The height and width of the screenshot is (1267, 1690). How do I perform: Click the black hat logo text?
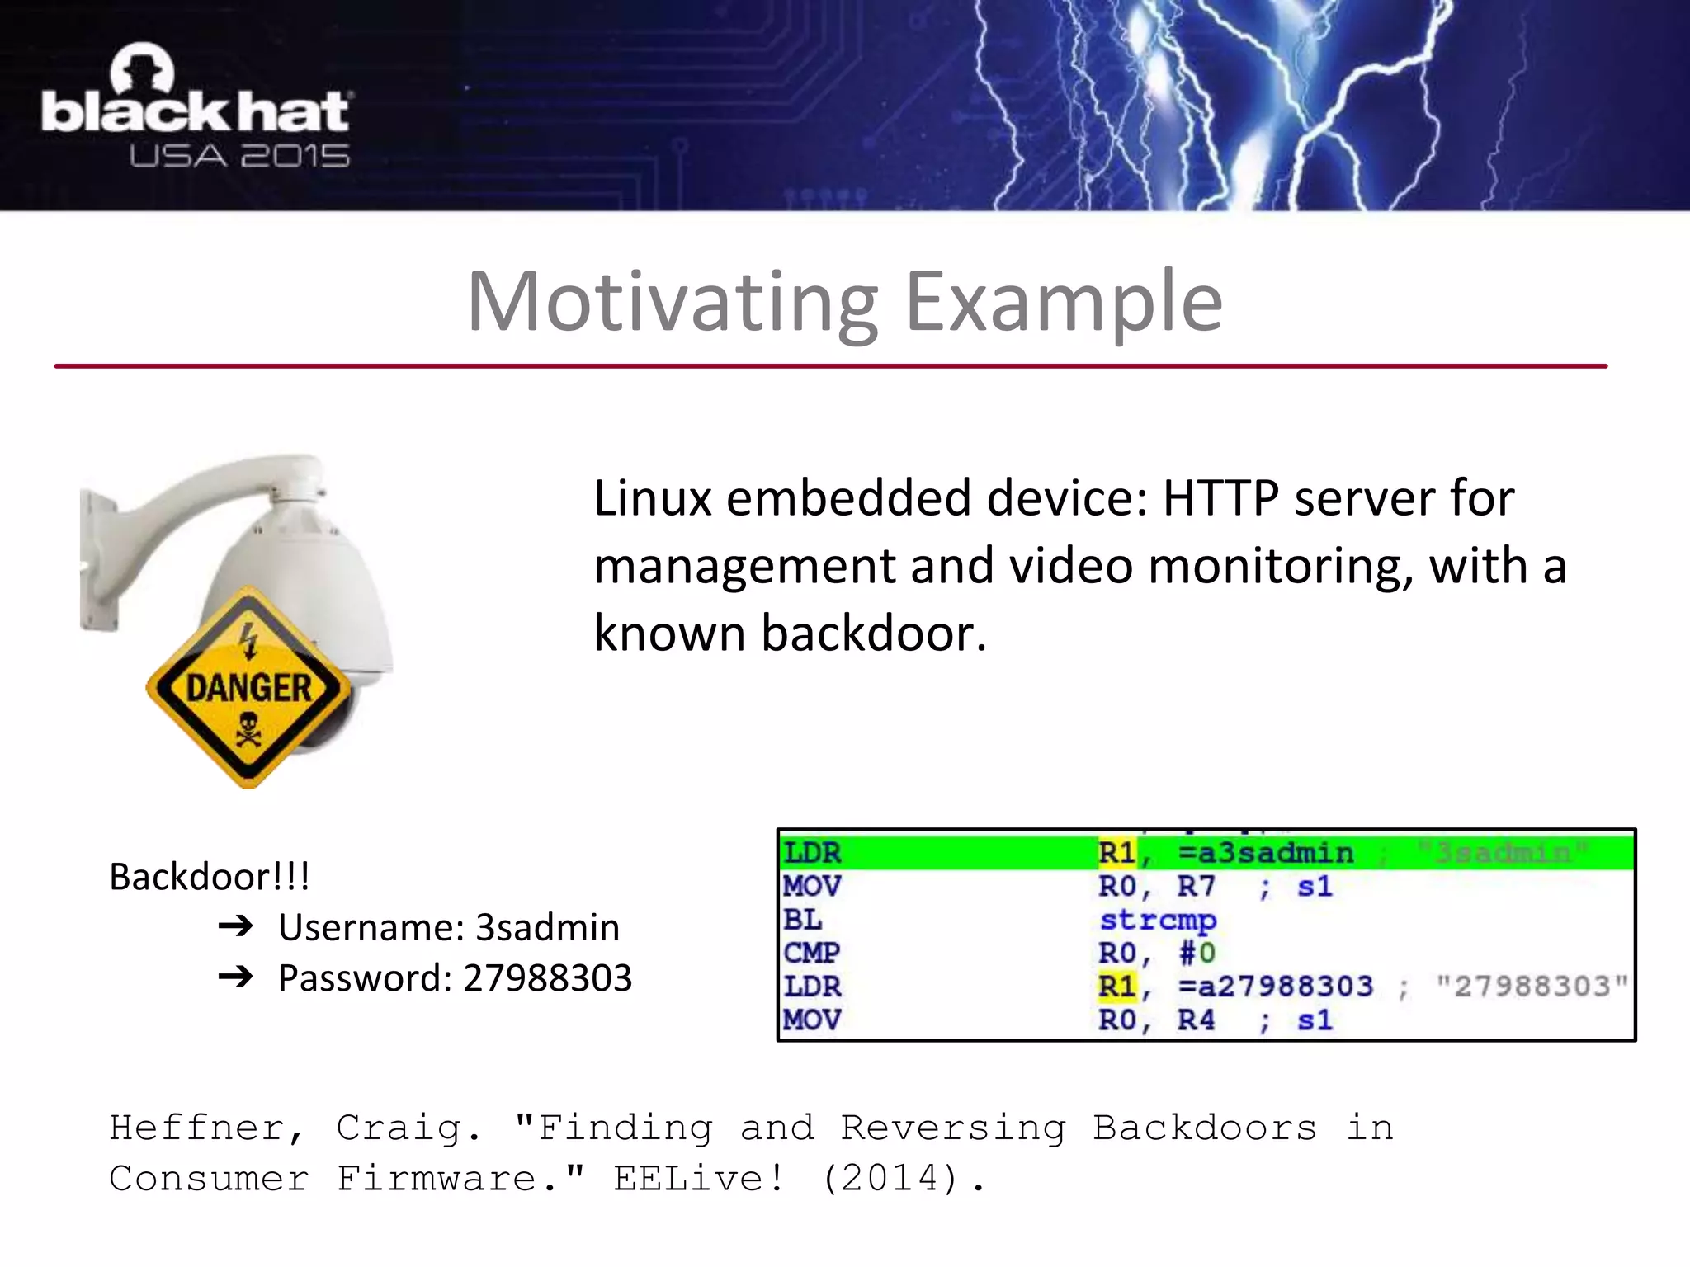[196, 111]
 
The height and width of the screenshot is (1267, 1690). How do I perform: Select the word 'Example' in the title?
[1064, 303]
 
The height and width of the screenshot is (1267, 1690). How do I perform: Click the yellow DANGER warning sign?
[248, 687]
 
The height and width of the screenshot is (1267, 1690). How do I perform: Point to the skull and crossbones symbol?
[248, 729]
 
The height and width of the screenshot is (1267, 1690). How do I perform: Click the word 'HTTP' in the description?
[1220, 498]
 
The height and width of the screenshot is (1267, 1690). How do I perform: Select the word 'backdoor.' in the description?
[873, 633]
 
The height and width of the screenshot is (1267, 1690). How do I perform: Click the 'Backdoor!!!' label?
[210, 876]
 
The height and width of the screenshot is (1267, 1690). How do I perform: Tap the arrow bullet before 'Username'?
[236, 926]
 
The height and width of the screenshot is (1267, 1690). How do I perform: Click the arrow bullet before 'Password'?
[236, 977]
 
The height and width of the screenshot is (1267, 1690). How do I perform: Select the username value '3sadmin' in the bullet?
[548, 927]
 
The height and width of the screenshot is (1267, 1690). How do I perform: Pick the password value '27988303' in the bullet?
[548, 978]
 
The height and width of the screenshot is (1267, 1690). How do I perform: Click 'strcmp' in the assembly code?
[1158, 920]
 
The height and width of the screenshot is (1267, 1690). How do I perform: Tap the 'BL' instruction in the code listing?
[802, 920]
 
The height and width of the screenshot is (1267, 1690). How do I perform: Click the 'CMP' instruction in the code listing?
[811, 954]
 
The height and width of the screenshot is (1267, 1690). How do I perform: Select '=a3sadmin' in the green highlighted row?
[1266, 853]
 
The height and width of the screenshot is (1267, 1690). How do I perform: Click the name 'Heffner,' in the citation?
[207, 1128]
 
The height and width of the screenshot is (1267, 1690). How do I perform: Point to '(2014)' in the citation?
[890, 1179]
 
